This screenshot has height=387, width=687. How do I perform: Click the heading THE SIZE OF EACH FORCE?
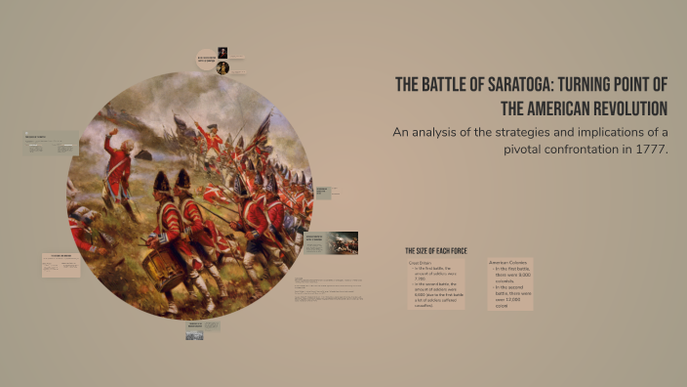pos(436,251)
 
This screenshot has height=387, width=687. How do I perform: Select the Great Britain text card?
pos(435,284)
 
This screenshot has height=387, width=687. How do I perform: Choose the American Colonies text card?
pos(510,284)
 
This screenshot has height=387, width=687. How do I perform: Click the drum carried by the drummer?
pos(167,267)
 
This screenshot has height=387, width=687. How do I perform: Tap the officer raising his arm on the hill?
pos(118,166)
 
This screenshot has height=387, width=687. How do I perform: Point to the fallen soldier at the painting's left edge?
pos(82,230)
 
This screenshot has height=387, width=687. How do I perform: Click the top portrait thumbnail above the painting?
pos(222,53)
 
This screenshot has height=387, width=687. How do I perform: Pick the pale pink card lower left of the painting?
pos(61,265)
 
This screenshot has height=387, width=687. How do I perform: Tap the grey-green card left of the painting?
pos(51,144)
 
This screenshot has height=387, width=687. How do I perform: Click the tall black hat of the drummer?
pos(162,183)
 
